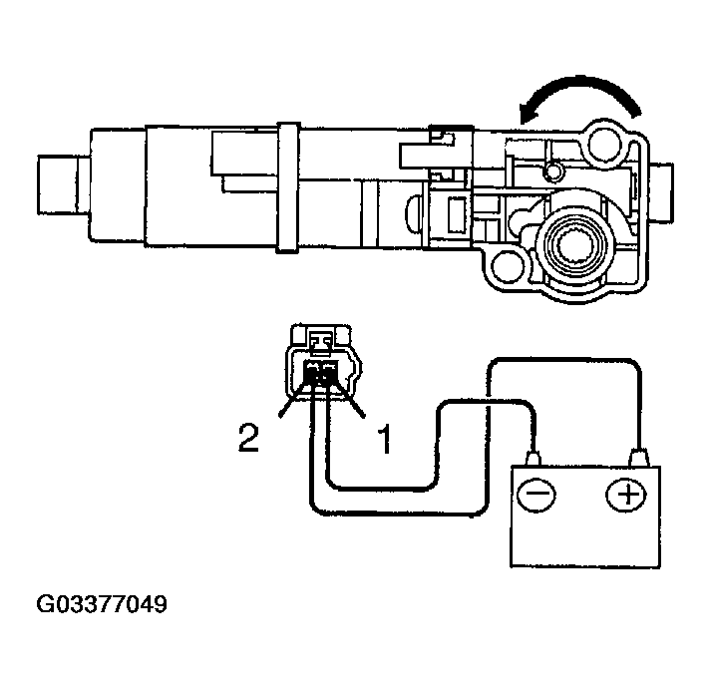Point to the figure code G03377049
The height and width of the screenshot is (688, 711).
pyautogui.click(x=102, y=605)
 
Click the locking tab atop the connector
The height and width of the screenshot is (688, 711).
pyautogui.click(x=320, y=343)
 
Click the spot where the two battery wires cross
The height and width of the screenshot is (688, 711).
pyautogui.click(x=489, y=403)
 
